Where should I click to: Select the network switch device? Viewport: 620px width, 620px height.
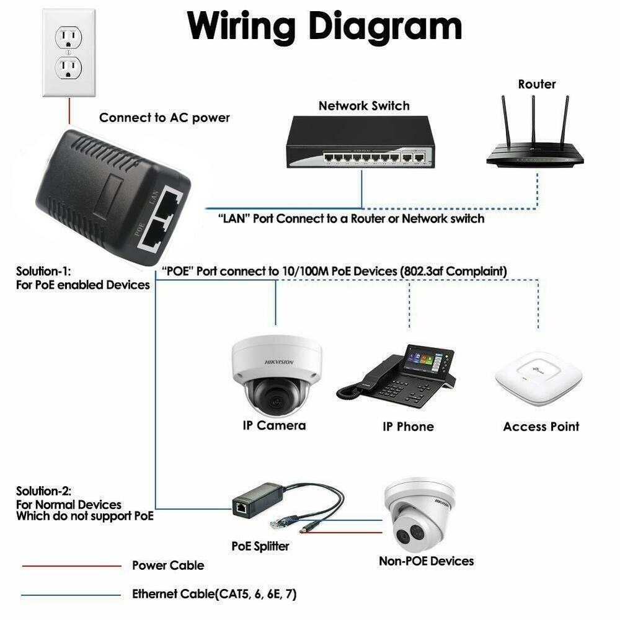coord(360,143)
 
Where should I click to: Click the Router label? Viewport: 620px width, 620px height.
coord(537,84)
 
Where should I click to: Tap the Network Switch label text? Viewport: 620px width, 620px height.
coord(364,105)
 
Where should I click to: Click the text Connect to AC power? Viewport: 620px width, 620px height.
coord(164,118)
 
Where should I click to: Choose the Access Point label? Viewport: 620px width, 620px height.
coord(541,427)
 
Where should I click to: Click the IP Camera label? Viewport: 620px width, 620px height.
coord(274,425)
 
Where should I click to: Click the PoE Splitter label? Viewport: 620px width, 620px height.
coord(260,546)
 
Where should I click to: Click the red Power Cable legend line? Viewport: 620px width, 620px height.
coord(71,565)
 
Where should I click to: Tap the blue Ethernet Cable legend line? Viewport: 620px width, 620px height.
coord(71,595)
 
